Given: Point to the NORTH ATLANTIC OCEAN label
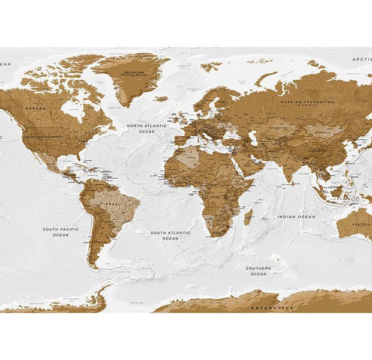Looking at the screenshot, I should [x=142, y=128].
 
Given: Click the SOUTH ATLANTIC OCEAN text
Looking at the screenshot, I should [x=170, y=235].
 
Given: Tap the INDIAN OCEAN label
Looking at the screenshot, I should [x=296, y=216].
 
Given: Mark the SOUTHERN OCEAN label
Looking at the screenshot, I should [x=259, y=271].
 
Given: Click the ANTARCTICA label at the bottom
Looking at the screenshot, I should [x=272, y=307].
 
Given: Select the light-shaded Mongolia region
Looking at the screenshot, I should [x=323, y=129].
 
